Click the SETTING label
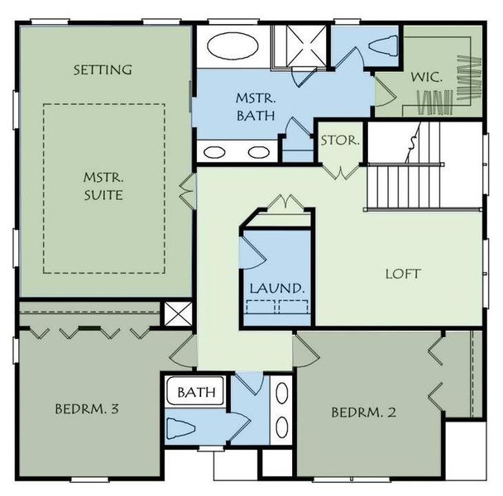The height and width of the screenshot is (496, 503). click(x=103, y=69)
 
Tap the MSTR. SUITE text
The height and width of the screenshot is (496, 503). click(x=103, y=186)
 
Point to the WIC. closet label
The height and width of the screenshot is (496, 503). click(x=427, y=76)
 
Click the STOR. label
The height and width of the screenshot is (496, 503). click(x=339, y=141)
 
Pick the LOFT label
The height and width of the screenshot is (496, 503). click(x=403, y=274)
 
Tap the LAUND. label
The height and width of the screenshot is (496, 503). click(x=277, y=289)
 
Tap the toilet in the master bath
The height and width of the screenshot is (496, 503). click(x=383, y=45)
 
